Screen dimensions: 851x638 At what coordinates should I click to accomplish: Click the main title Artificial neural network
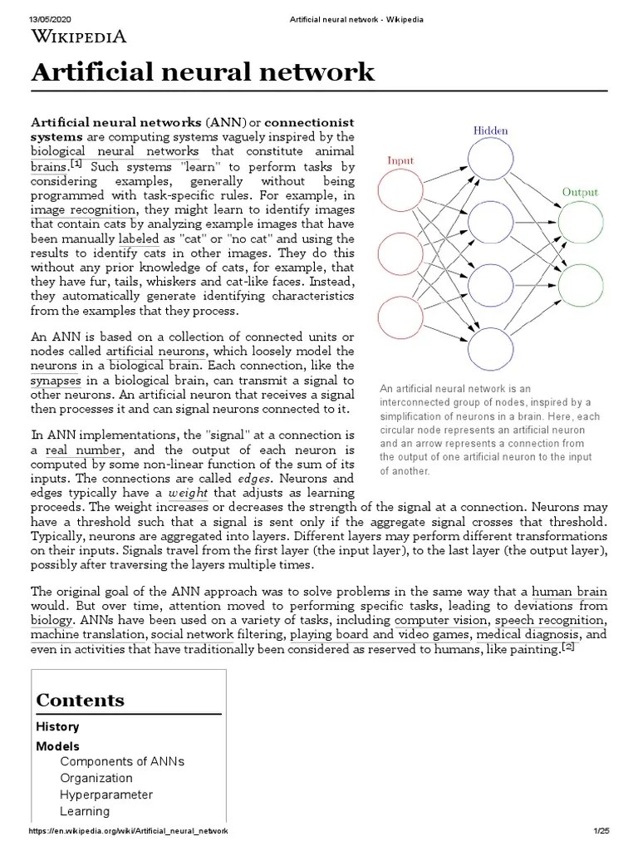[x=203, y=73]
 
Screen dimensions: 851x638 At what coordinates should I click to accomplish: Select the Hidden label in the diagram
[x=490, y=130]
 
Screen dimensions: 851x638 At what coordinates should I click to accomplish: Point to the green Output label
[x=581, y=191]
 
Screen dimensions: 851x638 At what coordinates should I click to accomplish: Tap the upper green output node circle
[x=581, y=222]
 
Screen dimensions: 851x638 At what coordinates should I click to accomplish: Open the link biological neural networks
[x=115, y=151]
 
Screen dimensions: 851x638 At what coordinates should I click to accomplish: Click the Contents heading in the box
[x=81, y=700]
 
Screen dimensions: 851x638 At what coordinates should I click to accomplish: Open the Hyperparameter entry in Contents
[x=106, y=794]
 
